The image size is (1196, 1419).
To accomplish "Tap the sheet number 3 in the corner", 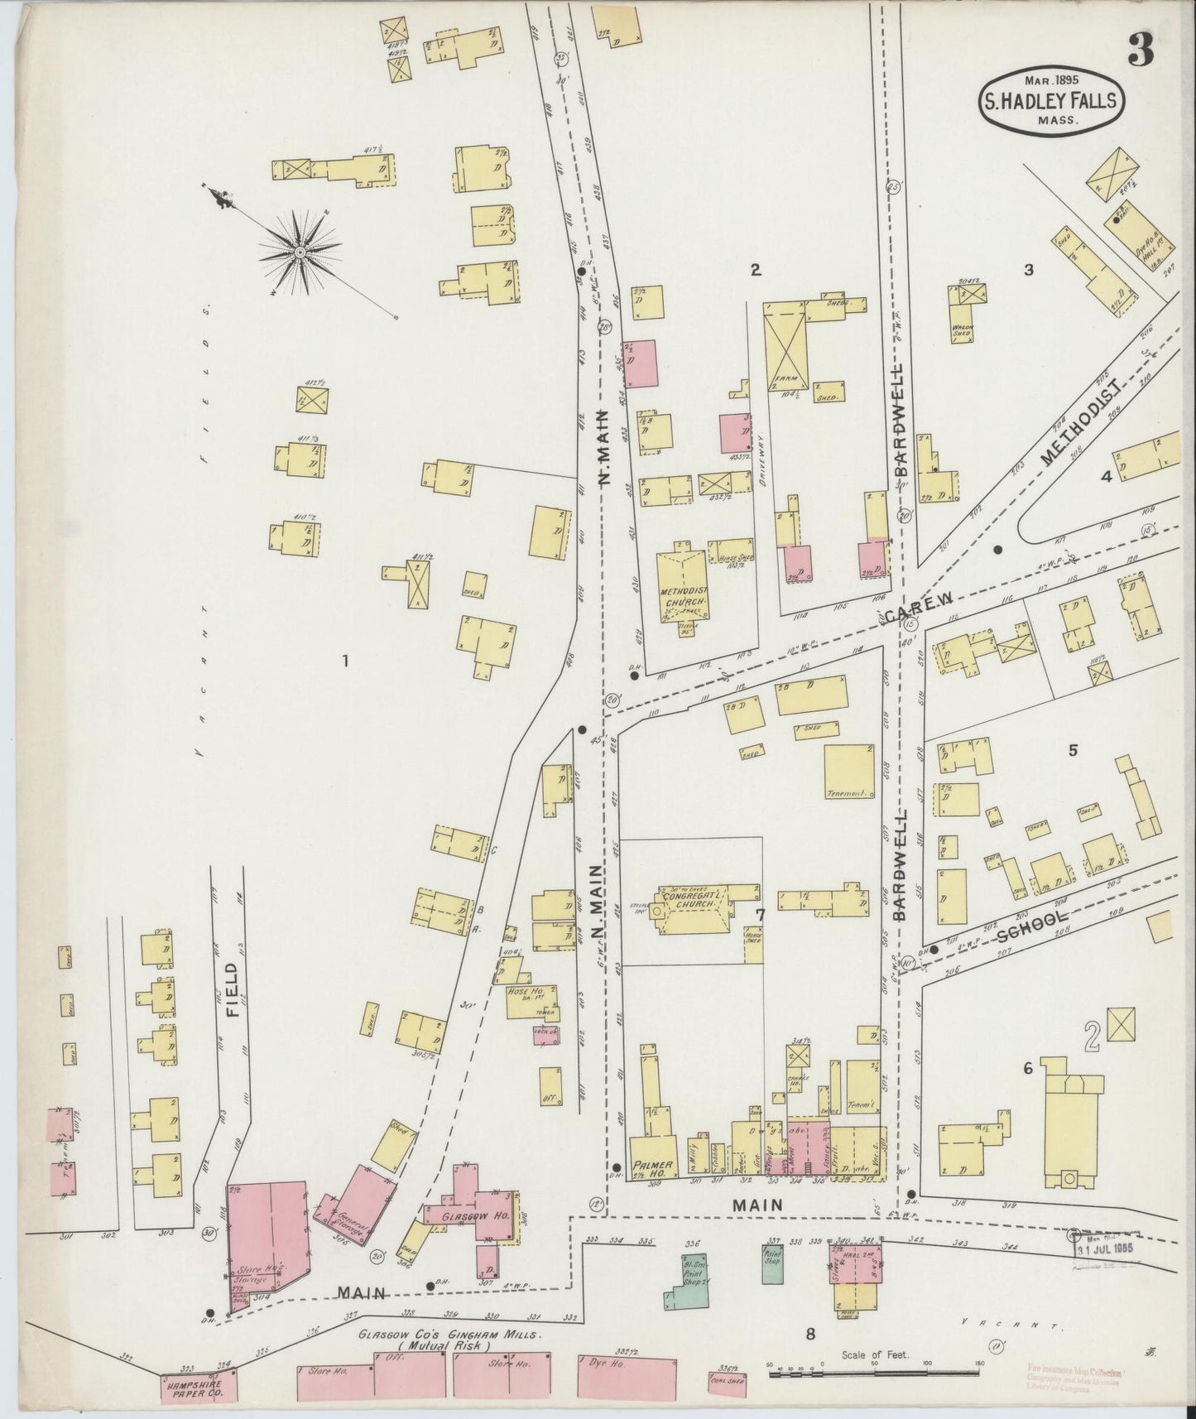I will (x=1141, y=51).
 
